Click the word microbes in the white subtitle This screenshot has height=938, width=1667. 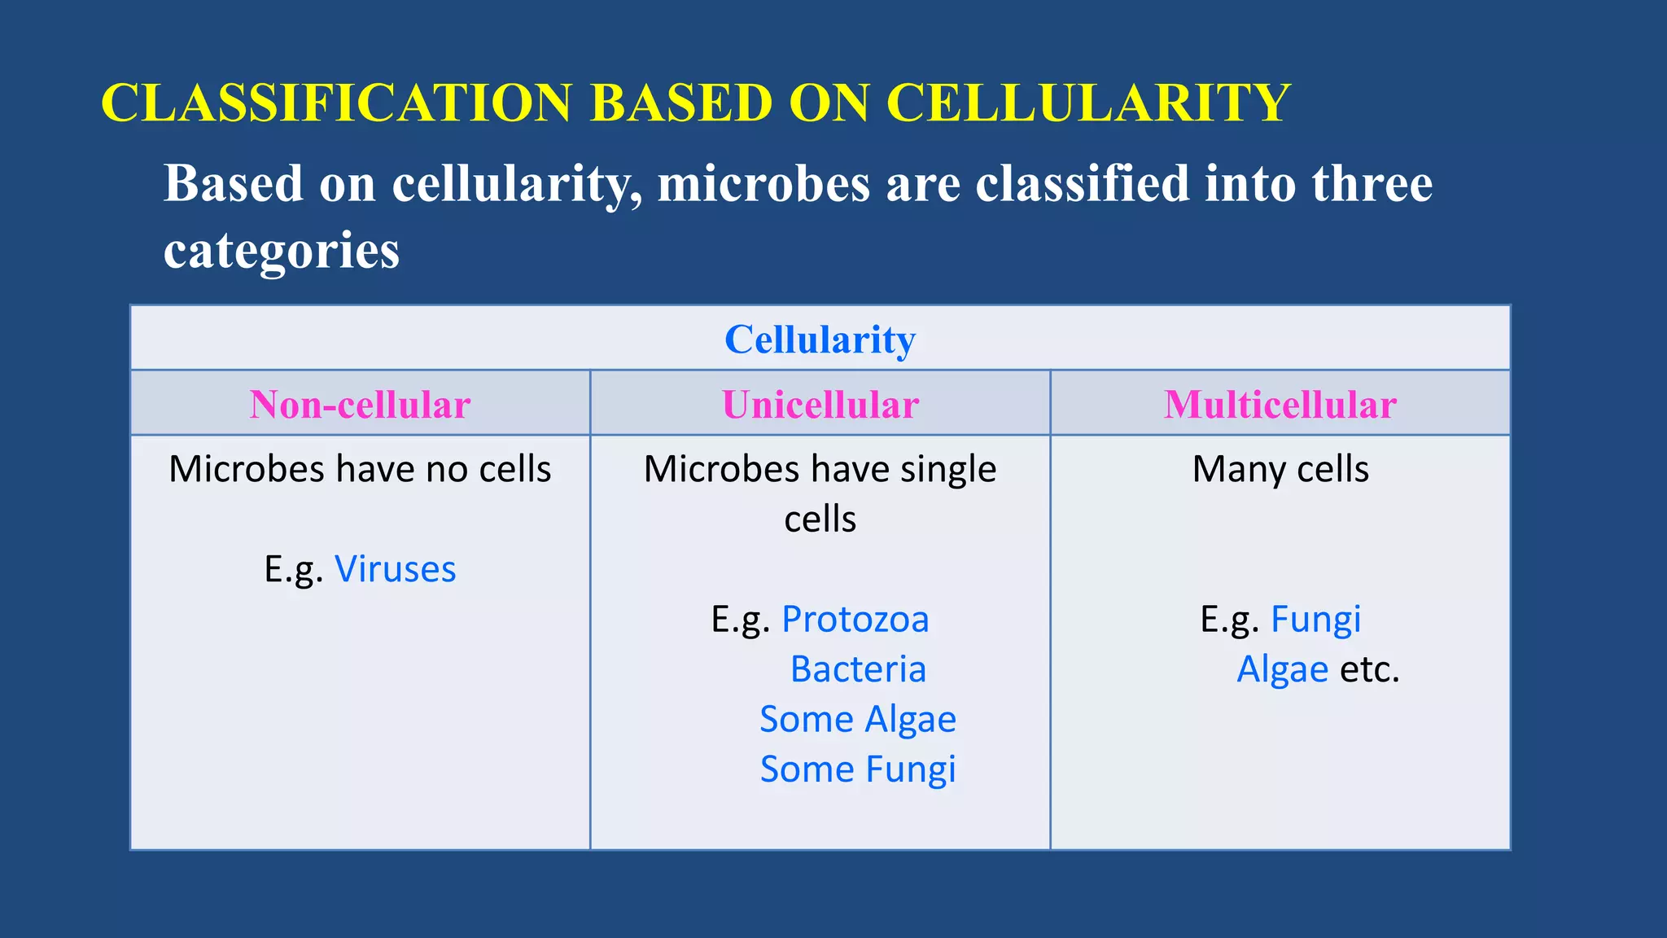click(x=763, y=183)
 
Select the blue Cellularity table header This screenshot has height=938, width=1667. click(x=820, y=340)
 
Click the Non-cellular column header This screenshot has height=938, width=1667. click(x=360, y=405)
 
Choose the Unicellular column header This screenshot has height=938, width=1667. click(x=820, y=405)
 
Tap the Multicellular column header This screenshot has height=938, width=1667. click(x=1280, y=405)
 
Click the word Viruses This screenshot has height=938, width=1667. click(x=395, y=569)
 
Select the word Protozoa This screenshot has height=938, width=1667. click(x=855, y=620)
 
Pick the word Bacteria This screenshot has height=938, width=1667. click(x=858, y=669)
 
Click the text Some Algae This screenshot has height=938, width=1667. click(x=857, y=720)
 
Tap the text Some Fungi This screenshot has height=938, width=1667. click(x=857, y=769)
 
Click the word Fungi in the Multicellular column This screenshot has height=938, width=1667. click(x=1315, y=620)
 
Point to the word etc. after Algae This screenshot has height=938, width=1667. click(x=1369, y=669)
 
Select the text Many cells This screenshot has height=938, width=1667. click(x=1280, y=470)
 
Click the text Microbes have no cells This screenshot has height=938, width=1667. click(x=360, y=470)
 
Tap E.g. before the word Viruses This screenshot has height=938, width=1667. click(x=293, y=569)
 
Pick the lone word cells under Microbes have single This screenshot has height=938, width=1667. click(x=820, y=519)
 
